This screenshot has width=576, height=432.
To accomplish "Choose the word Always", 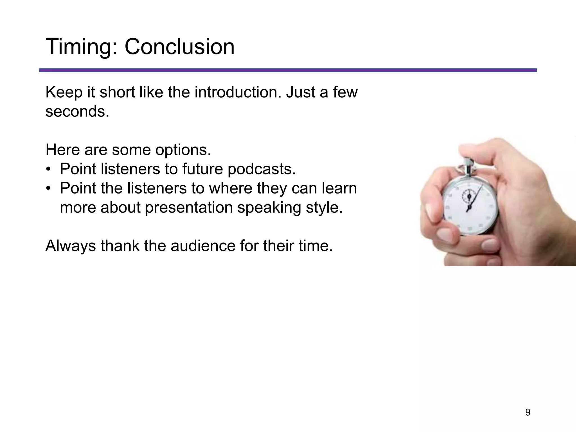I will click(71, 246).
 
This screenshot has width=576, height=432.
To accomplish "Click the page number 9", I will click(528, 413).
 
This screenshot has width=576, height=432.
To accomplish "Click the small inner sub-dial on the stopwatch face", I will click(469, 196).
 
